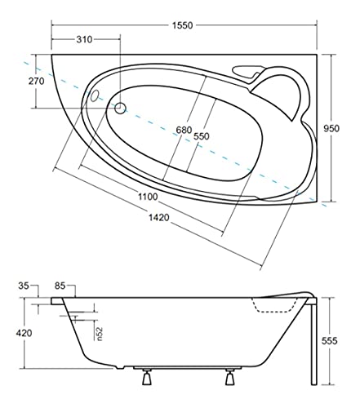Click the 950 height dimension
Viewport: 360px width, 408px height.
343,127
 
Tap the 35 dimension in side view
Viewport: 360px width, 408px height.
24,286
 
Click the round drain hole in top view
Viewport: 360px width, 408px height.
120,108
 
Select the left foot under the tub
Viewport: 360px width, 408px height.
148,379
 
